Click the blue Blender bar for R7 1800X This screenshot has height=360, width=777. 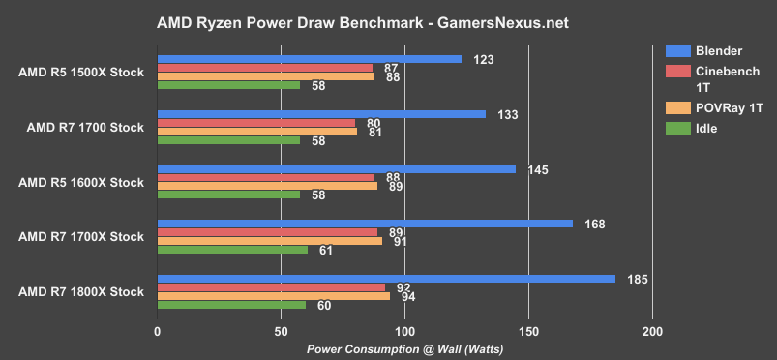coord(386,279)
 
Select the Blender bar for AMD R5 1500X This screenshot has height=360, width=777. coord(310,59)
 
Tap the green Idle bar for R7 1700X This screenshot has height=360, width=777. coord(232,250)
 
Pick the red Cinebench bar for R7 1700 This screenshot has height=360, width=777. coord(256,123)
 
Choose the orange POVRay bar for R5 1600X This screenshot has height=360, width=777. coord(267,186)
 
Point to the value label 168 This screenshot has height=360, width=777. coord(596,225)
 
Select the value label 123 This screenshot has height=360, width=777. coord(485,59)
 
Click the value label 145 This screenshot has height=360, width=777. coord(539,169)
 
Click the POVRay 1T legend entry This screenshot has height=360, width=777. coord(720,107)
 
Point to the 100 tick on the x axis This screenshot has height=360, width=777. coord(404,332)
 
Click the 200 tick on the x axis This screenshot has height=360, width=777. coord(652,332)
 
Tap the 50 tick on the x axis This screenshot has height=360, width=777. coord(281,332)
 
